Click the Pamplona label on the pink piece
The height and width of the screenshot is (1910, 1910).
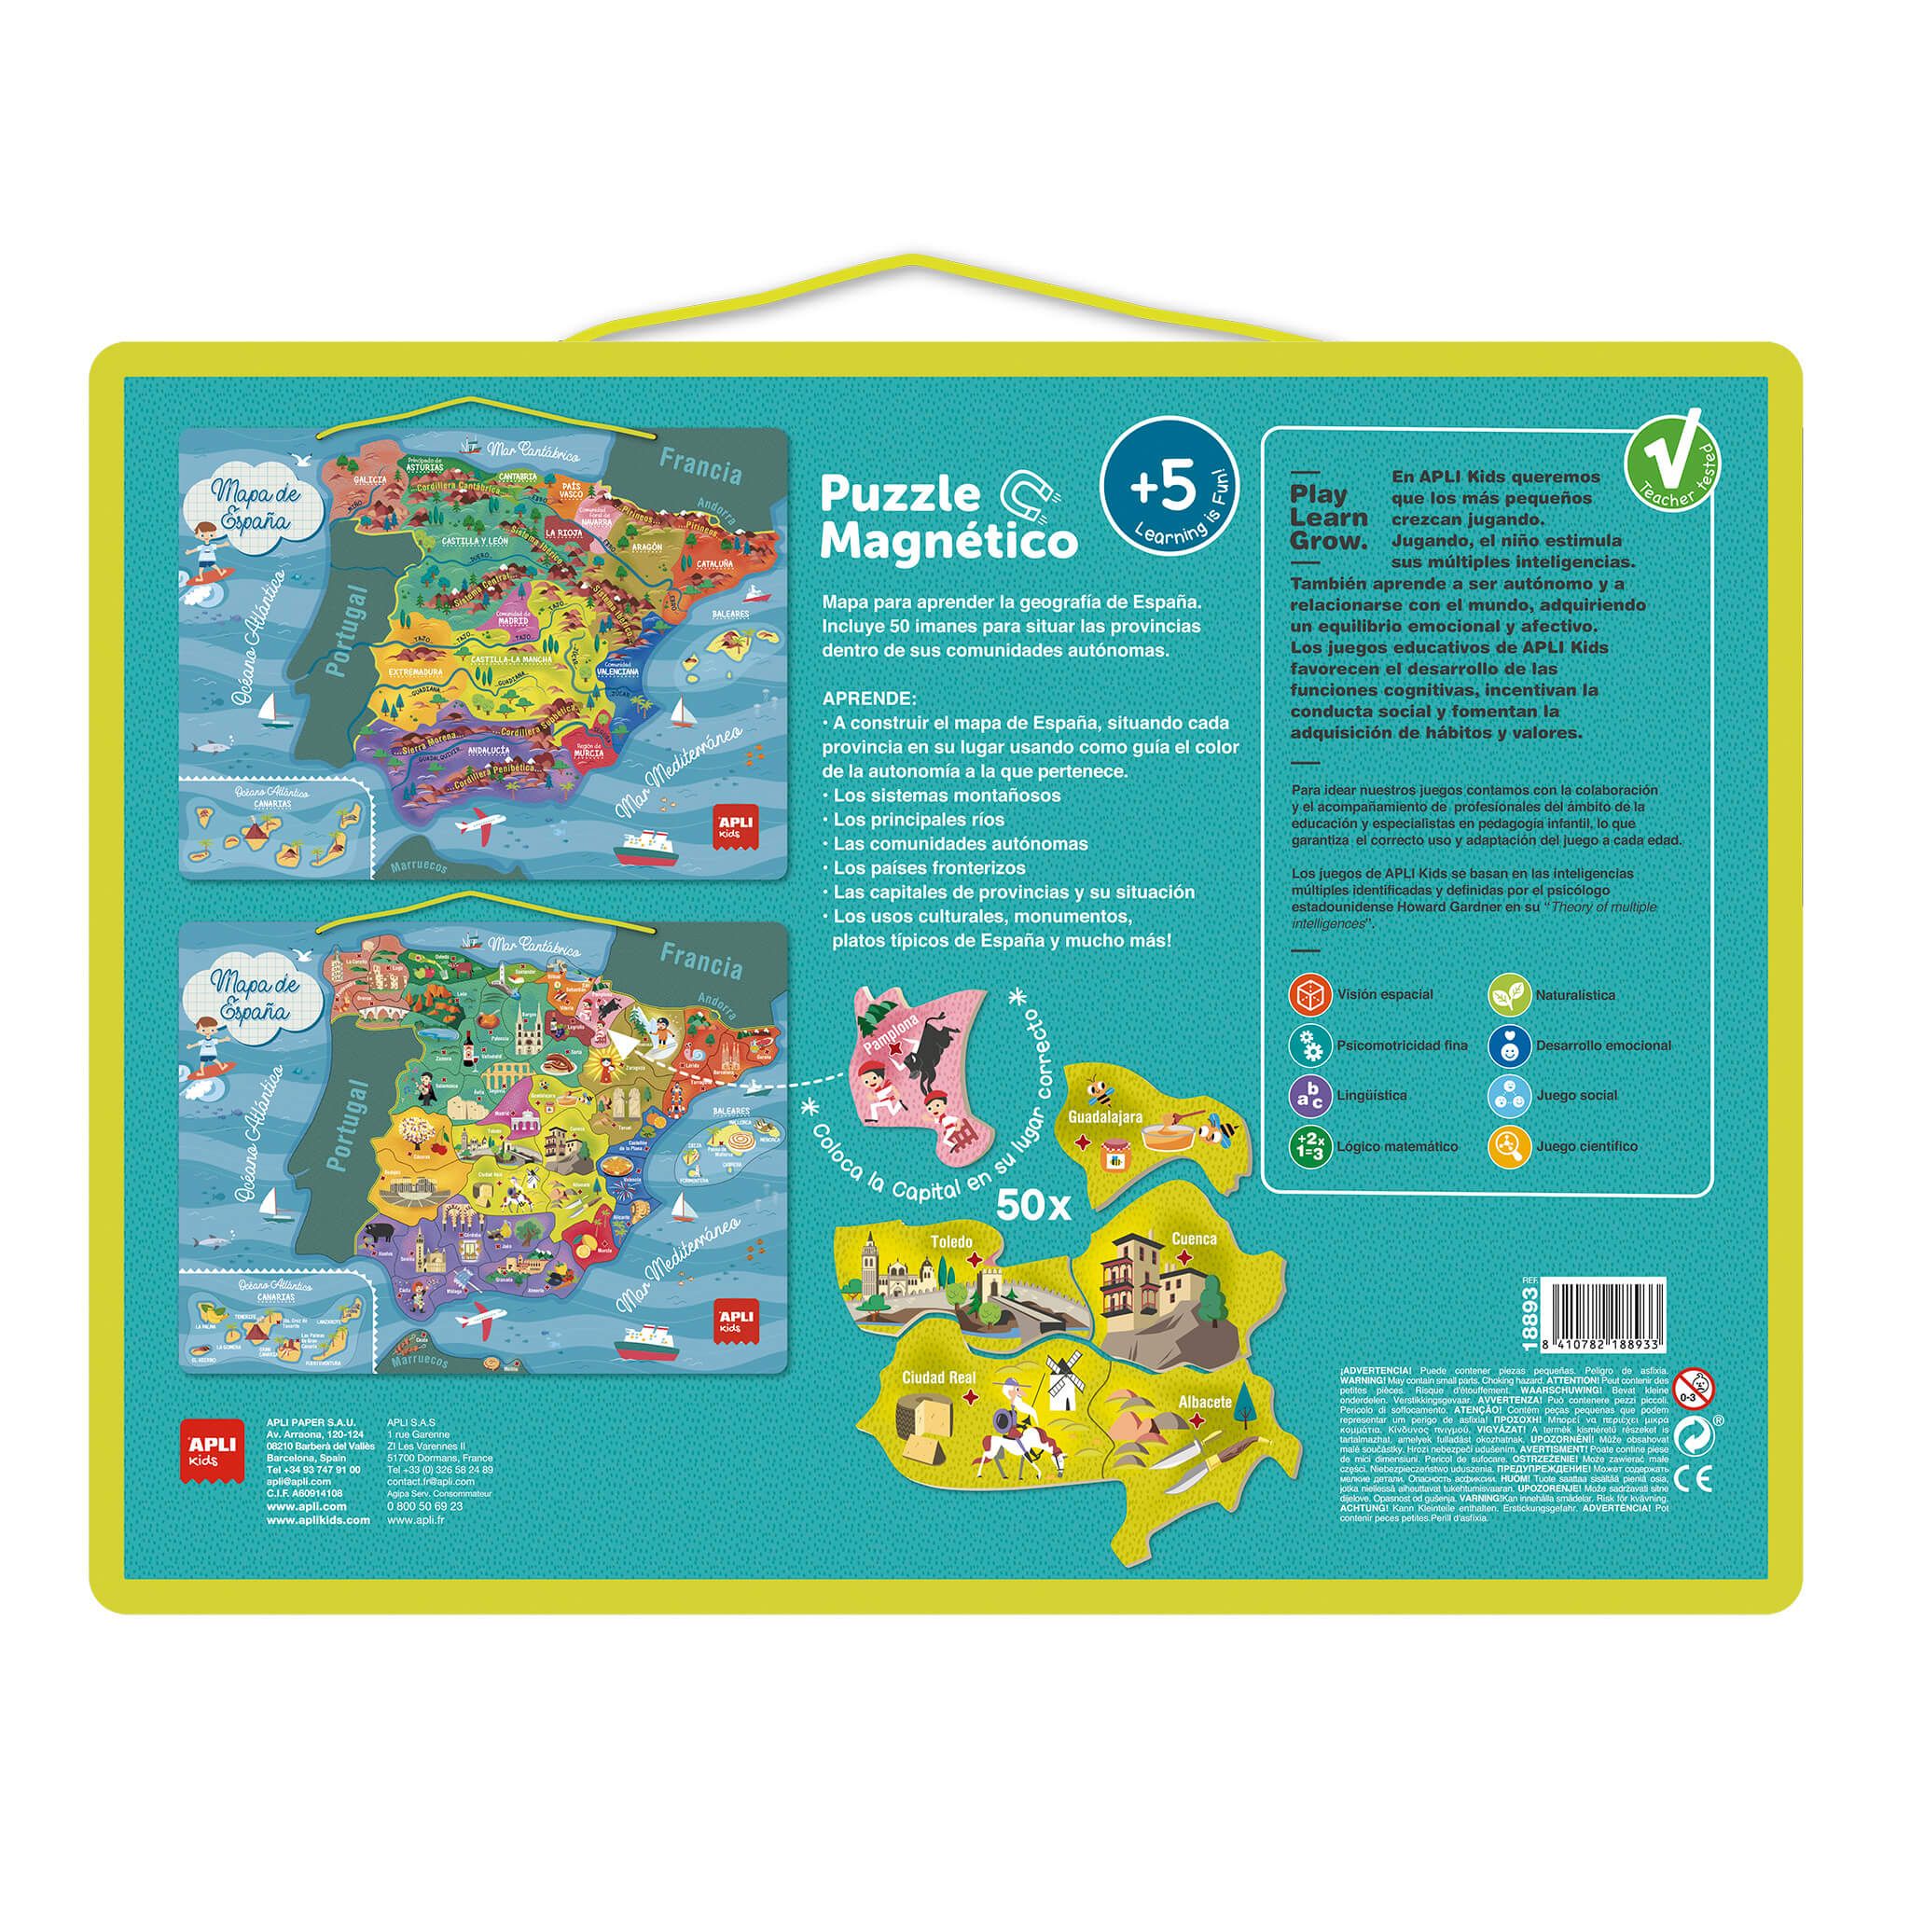coord(893,1034)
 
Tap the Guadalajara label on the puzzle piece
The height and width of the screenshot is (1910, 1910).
coord(1105,1117)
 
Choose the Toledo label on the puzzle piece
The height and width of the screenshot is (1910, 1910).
coord(951,1240)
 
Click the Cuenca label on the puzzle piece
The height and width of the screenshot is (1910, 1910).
coord(1195,1238)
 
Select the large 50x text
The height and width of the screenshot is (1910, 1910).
coord(1034,1204)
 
